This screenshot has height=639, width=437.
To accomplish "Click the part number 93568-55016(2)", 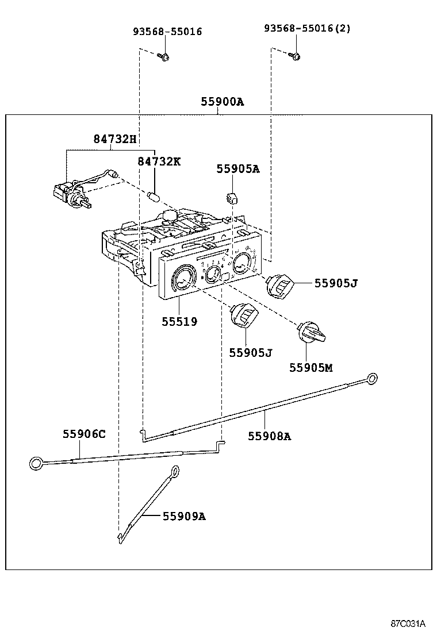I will (x=307, y=29).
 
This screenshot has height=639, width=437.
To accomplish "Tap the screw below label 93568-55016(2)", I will (x=296, y=55).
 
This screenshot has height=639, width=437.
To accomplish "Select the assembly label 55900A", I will (x=222, y=102).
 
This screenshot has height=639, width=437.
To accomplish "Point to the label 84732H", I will (x=115, y=138).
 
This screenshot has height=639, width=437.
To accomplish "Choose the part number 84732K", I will (x=159, y=161).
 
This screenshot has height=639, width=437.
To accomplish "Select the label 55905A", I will (x=237, y=168).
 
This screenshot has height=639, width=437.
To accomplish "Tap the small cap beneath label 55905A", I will (x=231, y=198).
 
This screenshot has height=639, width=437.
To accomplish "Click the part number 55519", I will (x=179, y=322).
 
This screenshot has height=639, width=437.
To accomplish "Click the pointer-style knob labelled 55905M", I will (x=311, y=333).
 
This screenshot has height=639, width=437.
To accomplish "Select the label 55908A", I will (x=270, y=436).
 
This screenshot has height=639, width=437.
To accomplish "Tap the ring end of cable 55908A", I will (x=373, y=378).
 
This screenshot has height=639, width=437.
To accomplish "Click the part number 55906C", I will (x=84, y=434).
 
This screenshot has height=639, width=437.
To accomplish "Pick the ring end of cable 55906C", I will (x=36, y=461).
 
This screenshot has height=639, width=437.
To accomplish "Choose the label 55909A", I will (x=183, y=516).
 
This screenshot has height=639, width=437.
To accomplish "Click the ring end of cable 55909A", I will (x=174, y=472).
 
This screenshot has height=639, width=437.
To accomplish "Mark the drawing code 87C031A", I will (x=408, y=623).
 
